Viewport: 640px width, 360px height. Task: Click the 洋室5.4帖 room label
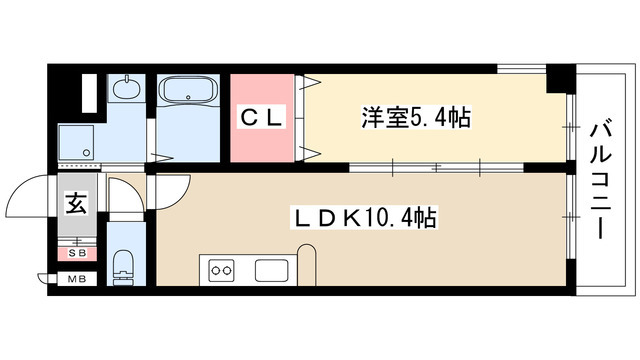tap(415, 117)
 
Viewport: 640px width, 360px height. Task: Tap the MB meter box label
tap(76, 279)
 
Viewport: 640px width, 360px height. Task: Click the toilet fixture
tap(124, 266)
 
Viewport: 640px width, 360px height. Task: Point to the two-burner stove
tap(220, 269)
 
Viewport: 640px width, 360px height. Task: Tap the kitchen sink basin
tap(272, 270)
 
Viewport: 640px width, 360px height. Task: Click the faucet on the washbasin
tap(126, 80)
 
